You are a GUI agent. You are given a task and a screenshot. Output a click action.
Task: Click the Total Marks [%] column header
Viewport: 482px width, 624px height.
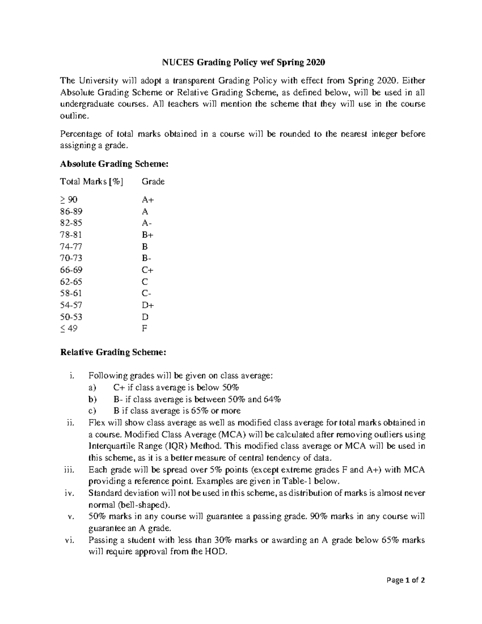[92, 182]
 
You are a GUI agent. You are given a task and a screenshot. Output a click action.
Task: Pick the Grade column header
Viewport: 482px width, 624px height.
[153, 182]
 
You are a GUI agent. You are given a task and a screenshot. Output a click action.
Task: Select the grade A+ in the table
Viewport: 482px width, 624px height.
[148, 200]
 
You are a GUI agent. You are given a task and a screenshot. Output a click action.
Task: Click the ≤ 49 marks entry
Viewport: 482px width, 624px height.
[69, 328]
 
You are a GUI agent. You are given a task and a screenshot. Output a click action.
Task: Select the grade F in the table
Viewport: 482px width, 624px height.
[145, 328]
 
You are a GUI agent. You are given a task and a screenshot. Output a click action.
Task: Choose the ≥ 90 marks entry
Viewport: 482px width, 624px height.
[69, 200]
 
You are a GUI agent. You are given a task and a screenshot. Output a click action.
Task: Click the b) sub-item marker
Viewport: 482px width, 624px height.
[93, 399]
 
